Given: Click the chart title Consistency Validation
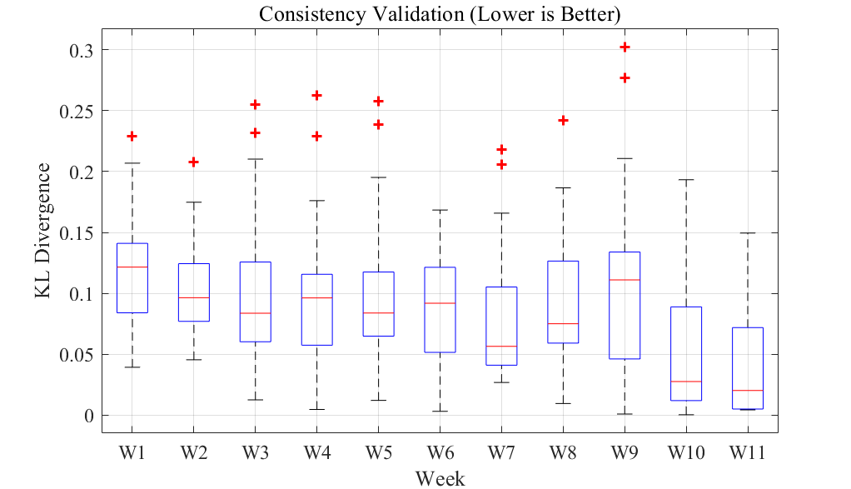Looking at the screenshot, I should pos(440,14).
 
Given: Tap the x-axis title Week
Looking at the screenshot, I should pos(440,478).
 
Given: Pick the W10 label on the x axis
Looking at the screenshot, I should pos(685,452).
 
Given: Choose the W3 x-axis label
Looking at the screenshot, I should pos(255,452).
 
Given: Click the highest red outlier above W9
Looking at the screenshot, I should pos(625,47).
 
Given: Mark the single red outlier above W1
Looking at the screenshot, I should pos(132,136).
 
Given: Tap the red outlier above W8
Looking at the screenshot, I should pos(563,121).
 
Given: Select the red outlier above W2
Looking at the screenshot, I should pos(193,162).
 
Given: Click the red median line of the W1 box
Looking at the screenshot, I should pos(132,267).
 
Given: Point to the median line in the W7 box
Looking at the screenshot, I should pos(501,346).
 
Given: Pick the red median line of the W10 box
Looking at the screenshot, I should pos(686,381).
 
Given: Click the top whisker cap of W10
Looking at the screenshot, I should pos(686,179).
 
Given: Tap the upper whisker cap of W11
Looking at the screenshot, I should pos(748,233).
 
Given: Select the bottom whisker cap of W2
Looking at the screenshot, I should pos(193,359).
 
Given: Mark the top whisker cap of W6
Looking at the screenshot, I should pos(440,210).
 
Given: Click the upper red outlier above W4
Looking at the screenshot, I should pos(316,96).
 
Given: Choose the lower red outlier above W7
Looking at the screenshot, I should pos(501,165).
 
